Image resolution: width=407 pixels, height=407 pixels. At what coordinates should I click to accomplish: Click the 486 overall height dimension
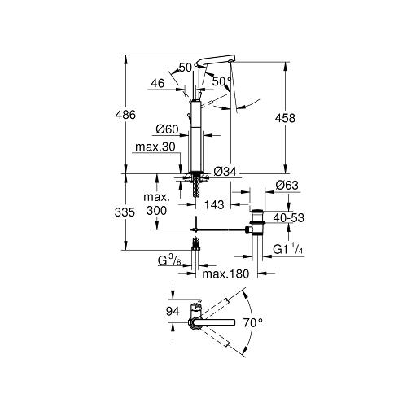click(x=125, y=115)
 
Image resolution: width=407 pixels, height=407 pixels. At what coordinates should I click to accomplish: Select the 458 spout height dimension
click(x=285, y=118)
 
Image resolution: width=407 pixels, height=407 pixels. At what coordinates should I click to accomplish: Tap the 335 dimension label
click(x=125, y=212)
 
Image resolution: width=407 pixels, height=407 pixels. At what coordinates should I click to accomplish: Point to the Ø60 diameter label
click(x=167, y=129)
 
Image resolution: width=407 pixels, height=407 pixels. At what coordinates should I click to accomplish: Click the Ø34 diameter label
click(x=225, y=172)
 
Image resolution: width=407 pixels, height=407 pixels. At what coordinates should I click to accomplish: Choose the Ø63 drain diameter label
click(x=287, y=186)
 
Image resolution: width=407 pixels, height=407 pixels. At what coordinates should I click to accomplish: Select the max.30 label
click(x=155, y=147)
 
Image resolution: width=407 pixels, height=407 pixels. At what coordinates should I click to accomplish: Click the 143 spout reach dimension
click(x=214, y=204)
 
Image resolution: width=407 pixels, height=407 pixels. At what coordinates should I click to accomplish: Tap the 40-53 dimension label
click(x=289, y=218)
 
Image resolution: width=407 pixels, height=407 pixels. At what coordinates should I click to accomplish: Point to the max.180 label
click(x=225, y=274)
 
